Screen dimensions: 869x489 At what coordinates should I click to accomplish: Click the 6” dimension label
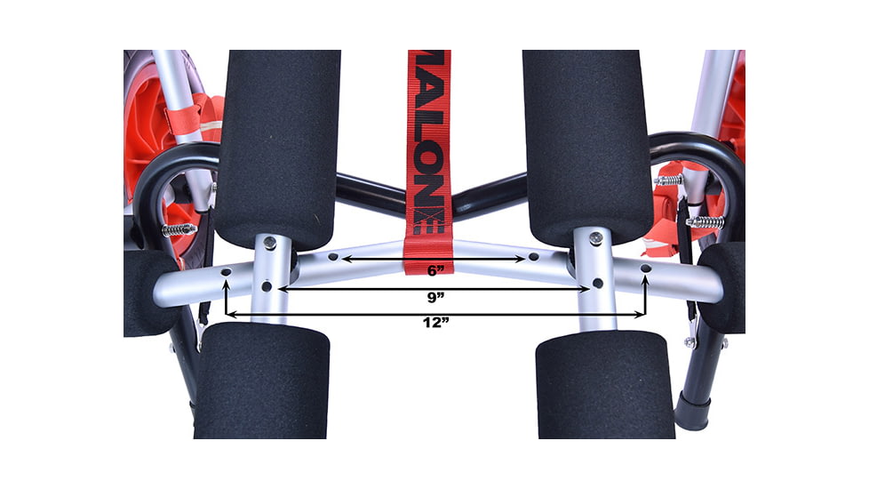click(435, 270)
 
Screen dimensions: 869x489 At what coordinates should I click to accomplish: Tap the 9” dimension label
click(435, 298)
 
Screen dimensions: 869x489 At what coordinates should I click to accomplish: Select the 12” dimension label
click(435, 323)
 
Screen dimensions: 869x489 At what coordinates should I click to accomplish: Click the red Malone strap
click(429, 162)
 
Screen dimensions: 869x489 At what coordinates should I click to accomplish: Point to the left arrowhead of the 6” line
click(347, 259)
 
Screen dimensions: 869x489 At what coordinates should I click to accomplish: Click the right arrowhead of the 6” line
click(521, 259)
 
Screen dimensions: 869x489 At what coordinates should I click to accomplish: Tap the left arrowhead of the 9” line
click(283, 288)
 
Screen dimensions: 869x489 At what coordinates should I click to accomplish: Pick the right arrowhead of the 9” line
click(585, 289)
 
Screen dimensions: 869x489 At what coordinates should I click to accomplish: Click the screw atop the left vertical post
click(269, 242)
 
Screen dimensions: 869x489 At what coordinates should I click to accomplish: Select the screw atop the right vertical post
click(594, 237)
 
